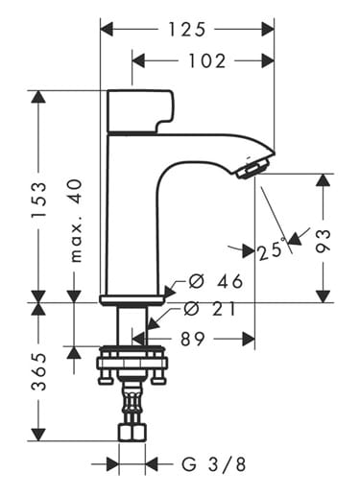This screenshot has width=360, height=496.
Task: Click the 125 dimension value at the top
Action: [187, 30]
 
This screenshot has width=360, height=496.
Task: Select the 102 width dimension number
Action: [207, 60]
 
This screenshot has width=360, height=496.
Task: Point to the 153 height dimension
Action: [38, 200]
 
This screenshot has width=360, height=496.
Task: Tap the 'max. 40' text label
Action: [76, 221]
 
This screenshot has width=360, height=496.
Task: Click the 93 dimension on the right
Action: [323, 241]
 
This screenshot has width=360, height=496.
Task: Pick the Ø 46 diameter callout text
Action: [216, 281]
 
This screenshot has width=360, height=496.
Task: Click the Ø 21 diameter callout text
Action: [210, 309]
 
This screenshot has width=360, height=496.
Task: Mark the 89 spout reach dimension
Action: [192, 339]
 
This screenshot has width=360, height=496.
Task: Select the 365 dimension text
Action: [38, 371]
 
